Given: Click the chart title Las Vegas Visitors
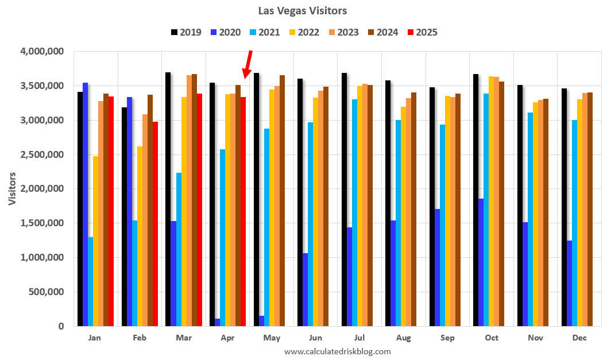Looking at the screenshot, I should click(303, 11).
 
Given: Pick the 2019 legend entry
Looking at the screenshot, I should click(185, 32).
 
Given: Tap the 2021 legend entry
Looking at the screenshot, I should click(264, 32).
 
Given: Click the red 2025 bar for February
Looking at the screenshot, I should click(155, 224).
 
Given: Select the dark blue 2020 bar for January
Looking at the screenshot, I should click(85, 204).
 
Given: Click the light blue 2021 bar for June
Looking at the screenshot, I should click(310, 224).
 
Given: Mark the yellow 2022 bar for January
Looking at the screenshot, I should click(95, 241).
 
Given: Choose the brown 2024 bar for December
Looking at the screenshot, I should click(590, 209).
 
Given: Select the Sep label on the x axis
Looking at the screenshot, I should click(447, 338).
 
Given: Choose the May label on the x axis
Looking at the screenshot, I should click(271, 338).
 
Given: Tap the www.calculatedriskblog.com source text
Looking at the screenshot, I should click(337, 351).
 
